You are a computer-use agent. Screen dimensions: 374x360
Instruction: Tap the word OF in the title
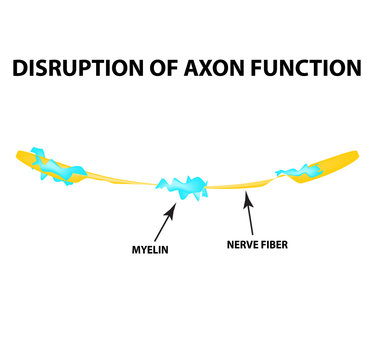[x=168, y=69]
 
